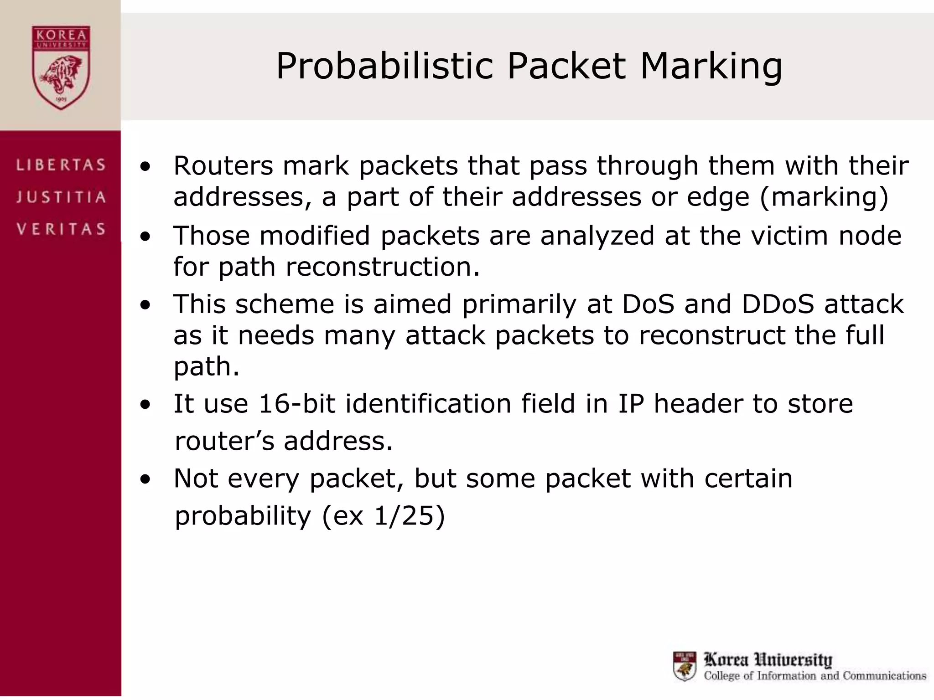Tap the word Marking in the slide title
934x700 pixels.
[711, 67]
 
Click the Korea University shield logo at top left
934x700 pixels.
[61, 67]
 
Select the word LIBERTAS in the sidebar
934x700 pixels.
[61, 165]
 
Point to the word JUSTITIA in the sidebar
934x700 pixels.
[61, 197]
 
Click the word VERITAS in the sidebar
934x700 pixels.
[61, 229]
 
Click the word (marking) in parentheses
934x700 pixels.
[824, 197]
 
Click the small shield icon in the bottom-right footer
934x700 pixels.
[685, 666]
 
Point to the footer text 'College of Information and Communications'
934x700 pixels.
[815, 675]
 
